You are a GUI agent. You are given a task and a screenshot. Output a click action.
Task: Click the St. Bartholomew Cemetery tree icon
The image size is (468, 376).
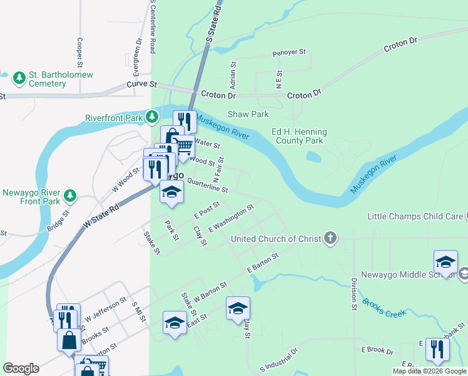(x=19, y=78)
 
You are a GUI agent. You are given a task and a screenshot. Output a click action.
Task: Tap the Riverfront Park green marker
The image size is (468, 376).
(x=152, y=117)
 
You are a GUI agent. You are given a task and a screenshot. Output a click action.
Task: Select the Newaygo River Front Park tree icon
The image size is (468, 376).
(x=70, y=196)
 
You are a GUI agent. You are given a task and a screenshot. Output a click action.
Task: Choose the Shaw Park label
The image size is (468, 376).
(x=248, y=114)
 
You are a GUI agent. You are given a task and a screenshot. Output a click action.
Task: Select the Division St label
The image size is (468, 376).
(x=353, y=292)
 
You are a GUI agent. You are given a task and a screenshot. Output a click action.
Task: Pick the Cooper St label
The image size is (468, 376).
(x=80, y=53)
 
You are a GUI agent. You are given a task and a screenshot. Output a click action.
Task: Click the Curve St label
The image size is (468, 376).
(x=141, y=83)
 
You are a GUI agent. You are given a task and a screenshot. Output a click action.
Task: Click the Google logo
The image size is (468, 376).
(x=21, y=368)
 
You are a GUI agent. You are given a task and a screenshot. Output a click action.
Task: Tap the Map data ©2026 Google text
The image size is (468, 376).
(x=429, y=371)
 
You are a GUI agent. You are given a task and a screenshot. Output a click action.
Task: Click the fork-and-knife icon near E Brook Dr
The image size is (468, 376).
(x=437, y=348)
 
